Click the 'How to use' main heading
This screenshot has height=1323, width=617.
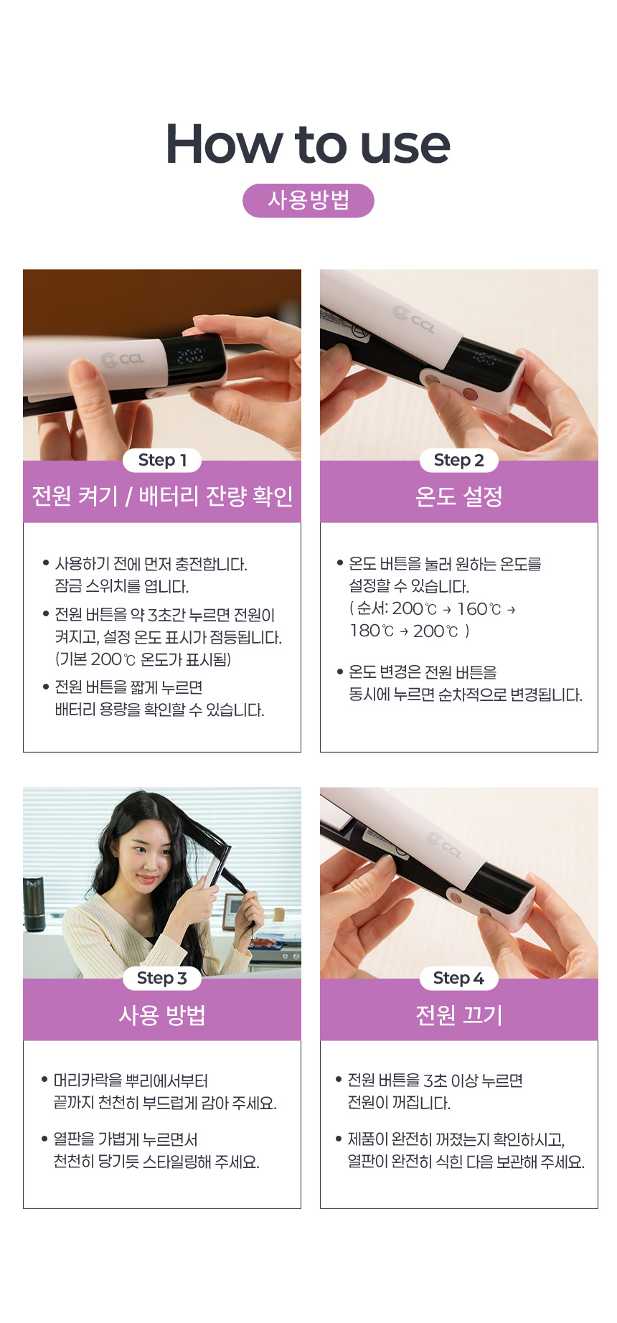[x=308, y=143]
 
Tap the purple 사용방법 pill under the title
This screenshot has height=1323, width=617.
[x=308, y=200]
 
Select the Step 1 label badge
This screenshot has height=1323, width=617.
[x=162, y=461]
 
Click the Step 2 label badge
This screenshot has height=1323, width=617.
[x=458, y=461]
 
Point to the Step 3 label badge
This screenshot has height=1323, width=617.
[x=162, y=979]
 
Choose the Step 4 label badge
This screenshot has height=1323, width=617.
[x=458, y=979]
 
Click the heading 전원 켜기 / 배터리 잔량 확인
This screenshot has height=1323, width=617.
[x=162, y=496]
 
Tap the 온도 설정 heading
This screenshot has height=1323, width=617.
[x=459, y=496]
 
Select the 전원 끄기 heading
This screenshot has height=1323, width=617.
[x=459, y=1014]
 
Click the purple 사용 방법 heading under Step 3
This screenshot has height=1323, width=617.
[x=162, y=1014]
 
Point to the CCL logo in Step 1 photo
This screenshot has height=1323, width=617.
[x=123, y=359]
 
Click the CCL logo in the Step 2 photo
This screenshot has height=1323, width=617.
[x=414, y=319]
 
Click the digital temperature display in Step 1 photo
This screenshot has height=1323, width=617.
[x=190, y=355]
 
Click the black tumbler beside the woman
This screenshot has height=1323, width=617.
[x=34, y=904]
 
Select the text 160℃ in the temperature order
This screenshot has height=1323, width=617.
[x=479, y=609]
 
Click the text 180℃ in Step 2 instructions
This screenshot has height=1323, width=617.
[x=372, y=631]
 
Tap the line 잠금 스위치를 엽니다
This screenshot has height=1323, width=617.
[x=122, y=586]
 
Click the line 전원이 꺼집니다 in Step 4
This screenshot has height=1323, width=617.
[x=399, y=1103]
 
